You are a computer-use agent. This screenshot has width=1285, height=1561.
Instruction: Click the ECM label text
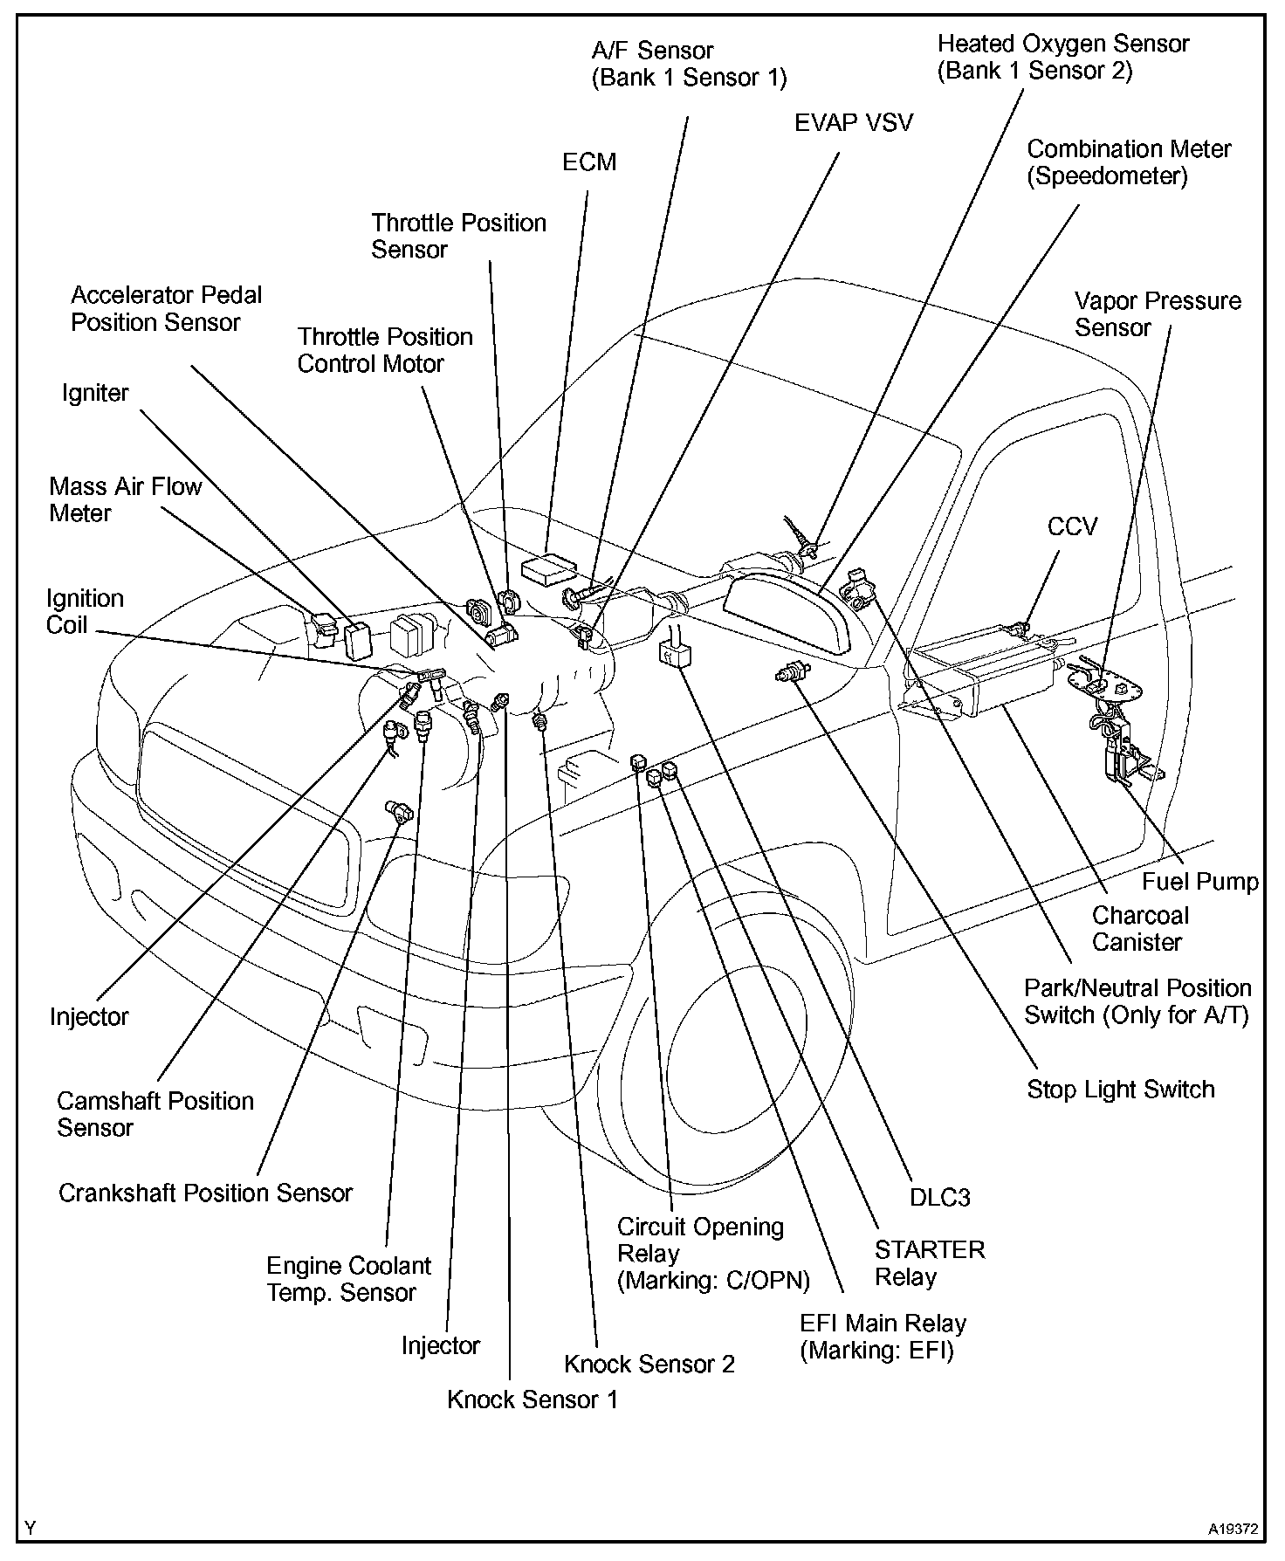point(589,162)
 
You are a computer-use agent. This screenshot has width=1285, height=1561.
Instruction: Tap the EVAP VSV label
point(853,122)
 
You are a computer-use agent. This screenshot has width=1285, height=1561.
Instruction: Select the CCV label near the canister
point(1072,526)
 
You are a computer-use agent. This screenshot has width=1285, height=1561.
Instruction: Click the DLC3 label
point(939,1197)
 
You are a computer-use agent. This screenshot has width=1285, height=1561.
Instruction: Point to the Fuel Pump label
point(1200,882)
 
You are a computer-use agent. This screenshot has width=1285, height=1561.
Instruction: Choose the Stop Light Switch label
point(1120,1090)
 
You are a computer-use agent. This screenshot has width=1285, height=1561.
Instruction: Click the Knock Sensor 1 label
point(532,1399)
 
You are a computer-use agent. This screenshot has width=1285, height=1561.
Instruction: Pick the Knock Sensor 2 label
point(649,1364)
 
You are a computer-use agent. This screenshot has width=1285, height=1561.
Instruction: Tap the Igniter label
point(95,393)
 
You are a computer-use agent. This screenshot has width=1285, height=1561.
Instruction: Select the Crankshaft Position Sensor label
point(205,1193)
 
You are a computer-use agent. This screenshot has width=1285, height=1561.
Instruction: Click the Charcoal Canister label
point(1140,929)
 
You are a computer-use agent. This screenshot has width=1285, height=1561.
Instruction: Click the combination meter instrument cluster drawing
point(786,611)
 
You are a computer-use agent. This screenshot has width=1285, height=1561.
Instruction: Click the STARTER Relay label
point(929,1263)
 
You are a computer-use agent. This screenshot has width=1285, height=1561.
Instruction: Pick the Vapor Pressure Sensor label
point(1157,314)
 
